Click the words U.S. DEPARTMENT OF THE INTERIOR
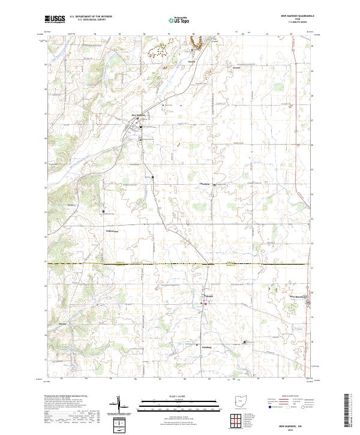point(91,17)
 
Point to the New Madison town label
point(131,115)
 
